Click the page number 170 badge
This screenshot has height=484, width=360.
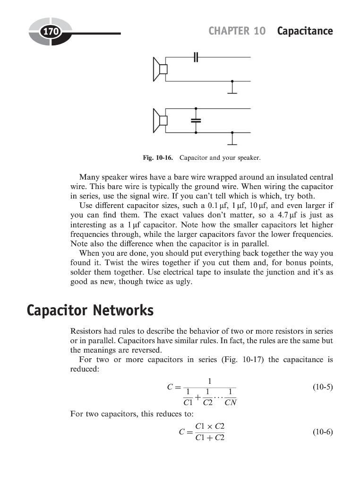[50, 32]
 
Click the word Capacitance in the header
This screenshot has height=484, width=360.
[305, 31]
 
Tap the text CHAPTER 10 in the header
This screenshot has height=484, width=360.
[237, 31]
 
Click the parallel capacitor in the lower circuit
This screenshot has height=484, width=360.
[196, 121]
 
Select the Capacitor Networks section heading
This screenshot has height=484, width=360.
[90, 311]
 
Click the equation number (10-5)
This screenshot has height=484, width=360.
[323, 387]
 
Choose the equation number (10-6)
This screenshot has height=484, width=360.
[323, 432]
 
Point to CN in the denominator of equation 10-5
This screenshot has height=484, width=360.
[230, 403]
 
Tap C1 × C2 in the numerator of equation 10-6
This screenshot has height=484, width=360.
[210, 426]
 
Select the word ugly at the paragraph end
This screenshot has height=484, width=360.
[183, 282]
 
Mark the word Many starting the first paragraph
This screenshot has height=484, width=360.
[89, 177]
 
